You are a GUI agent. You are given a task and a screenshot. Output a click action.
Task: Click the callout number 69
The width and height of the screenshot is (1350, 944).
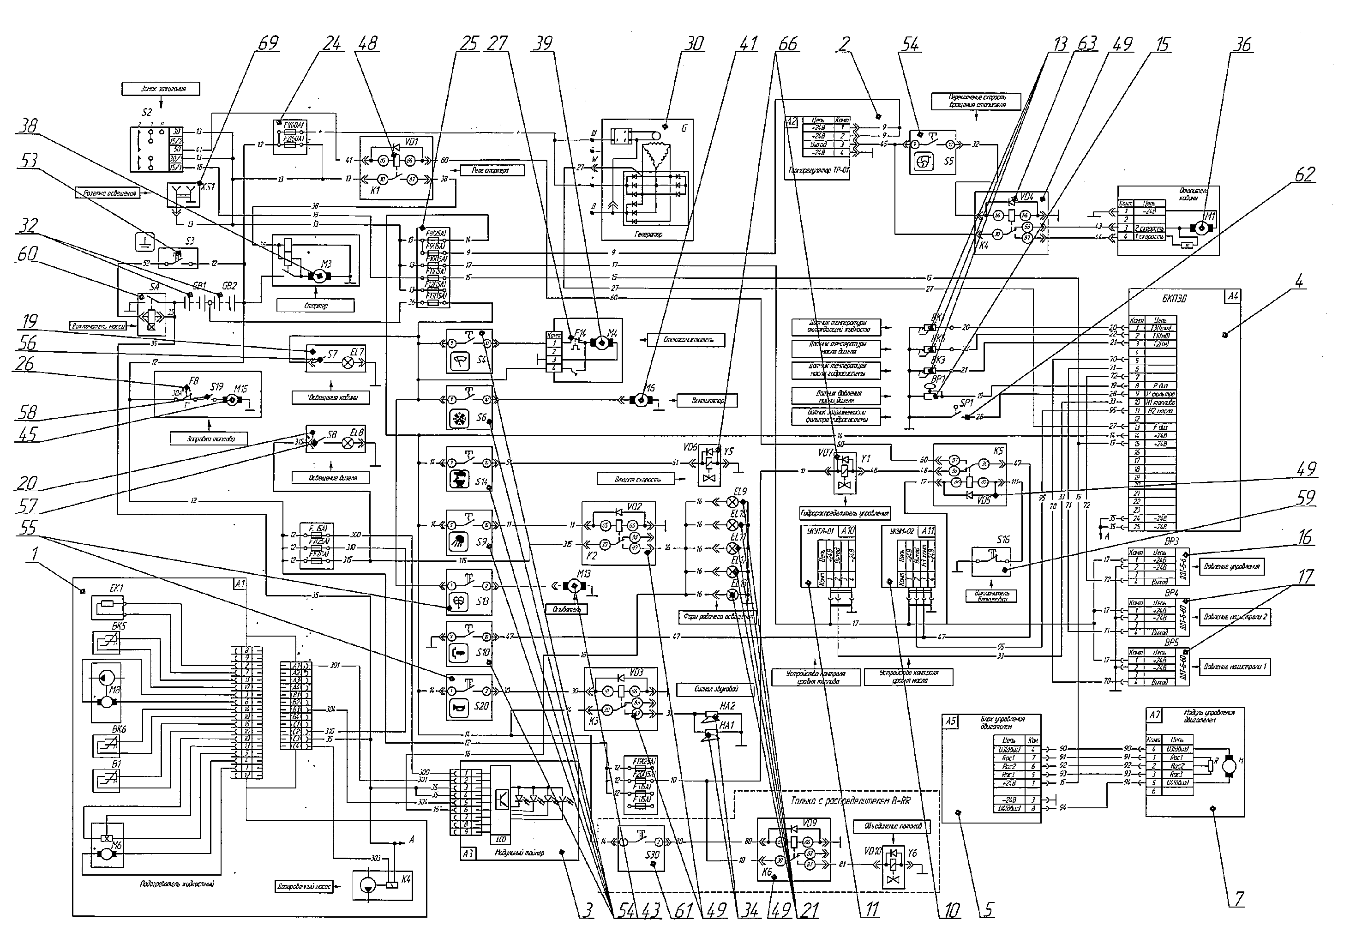click(x=268, y=44)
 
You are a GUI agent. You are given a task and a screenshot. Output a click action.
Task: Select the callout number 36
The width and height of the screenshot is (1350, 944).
click(x=1242, y=45)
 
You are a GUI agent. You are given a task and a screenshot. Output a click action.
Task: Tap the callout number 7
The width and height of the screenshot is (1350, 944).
click(x=1239, y=899)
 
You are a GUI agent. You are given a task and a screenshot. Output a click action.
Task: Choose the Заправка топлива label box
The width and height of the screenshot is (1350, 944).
click(x=209, y=438)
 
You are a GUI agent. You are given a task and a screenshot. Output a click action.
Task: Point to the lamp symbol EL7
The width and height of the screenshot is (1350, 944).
click(x=348, y=363)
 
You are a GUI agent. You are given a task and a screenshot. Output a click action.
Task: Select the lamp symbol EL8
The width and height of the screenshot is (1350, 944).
click(x=348, y=444)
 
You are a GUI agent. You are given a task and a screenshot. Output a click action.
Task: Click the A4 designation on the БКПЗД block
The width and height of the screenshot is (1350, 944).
click(x=1232, y=296)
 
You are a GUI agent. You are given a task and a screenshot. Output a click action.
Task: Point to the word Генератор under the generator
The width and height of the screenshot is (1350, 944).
click(x=648, y=234)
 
